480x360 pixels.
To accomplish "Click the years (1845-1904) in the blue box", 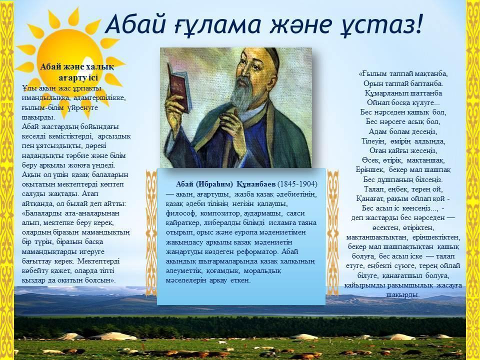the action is tap(297, 184).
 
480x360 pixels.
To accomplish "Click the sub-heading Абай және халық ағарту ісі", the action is tap(77, 72).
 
